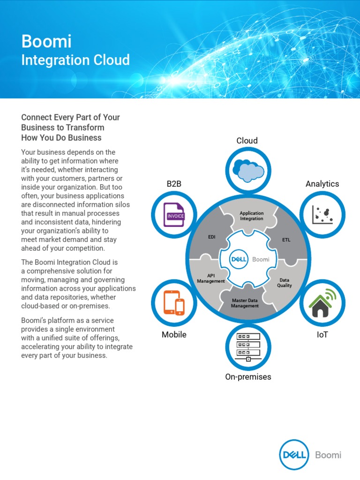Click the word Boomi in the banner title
[x=46, y=42]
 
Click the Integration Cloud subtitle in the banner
[x=75, y=60]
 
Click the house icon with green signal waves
[x=322, y=303]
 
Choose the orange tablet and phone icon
[x=173, y=303]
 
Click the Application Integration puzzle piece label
[x=252, y=216]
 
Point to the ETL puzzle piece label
[x=286, y=240]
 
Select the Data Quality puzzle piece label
[x=285, y=283]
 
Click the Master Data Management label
[x=245, y=303]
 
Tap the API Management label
[x=211, y=278]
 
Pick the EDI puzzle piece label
[x=211, y=237]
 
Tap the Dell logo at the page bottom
[x=293, y=454]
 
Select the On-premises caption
[x=248, y=377]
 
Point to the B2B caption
[x=174, y=184]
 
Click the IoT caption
[x=322, y=335]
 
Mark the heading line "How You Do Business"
[x=61, y=138]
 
